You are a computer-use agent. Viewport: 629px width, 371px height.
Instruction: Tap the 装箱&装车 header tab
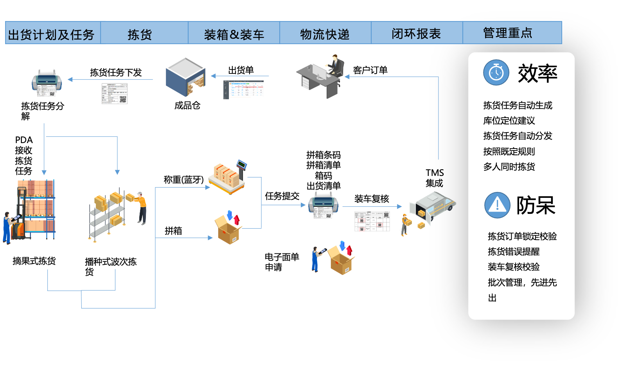pos(234,34)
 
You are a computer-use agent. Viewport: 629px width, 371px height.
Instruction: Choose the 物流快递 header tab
pos(325,34)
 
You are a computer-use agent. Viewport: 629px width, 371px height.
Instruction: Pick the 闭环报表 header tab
pos(417,34)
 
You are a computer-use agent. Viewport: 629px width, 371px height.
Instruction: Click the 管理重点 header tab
pos(508,33)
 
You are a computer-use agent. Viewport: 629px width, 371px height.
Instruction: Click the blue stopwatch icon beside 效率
pos(496,73)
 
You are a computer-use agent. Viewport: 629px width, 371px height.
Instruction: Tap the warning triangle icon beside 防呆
pos(497,205)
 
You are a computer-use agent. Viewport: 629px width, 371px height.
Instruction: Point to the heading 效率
pos(537,73)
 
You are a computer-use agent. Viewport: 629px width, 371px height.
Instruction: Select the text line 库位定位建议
pos(509,120)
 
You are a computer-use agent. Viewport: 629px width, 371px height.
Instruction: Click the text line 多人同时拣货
pos(509,167)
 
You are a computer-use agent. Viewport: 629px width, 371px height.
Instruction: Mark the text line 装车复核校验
pos(514,267)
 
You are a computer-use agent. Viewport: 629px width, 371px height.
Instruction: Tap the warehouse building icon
pos(185,76)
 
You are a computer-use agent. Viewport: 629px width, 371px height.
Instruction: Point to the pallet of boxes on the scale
pos(226,178)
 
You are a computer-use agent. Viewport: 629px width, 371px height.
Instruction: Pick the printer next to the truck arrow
pos(323,203)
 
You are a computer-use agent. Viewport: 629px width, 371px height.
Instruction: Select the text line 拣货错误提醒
pos(514,251)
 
